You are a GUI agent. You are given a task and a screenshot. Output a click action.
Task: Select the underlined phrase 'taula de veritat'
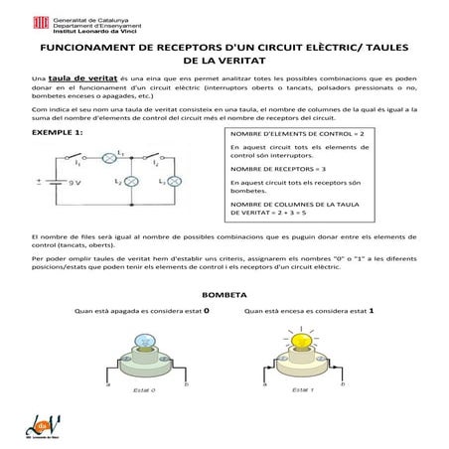point(81,76)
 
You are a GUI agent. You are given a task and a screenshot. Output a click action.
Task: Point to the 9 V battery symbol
point(58,183)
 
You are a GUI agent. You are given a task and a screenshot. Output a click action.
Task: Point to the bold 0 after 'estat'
point(206,310)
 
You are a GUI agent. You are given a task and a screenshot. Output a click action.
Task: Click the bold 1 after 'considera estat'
point(371,310)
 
